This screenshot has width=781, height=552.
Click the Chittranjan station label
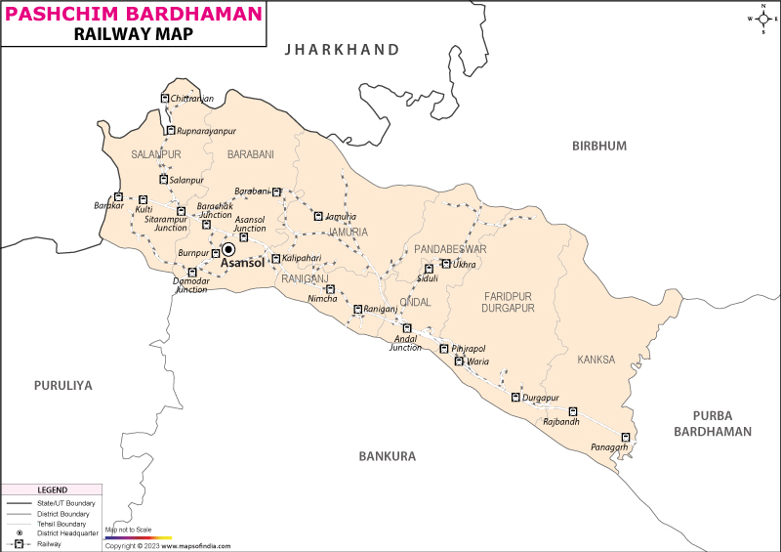point(191,100)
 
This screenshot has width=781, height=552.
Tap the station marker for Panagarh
point(627,437)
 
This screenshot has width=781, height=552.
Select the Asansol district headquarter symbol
point(228,249)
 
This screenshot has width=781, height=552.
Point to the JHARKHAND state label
point(342,50)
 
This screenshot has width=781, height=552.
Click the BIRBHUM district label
point(598,146)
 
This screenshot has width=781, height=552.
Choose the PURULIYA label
point(62,386)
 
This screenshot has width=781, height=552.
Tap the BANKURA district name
point(387,456)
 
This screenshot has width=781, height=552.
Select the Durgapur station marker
point(515,397)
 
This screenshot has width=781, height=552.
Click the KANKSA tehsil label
point(596,360)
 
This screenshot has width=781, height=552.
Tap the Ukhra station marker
point(446,264)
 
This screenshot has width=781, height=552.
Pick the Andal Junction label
point(405,343)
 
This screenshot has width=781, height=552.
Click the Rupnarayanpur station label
point(206,130)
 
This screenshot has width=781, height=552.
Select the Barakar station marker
point(118,197)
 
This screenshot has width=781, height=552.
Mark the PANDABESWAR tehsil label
point(450,249)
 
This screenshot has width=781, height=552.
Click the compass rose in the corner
point(761,19)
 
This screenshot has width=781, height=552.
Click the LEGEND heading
point(52,489)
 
